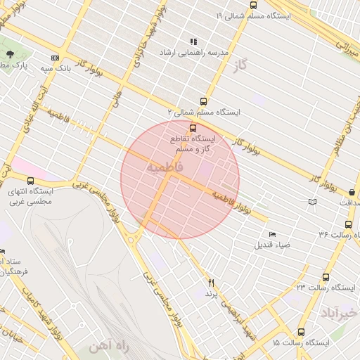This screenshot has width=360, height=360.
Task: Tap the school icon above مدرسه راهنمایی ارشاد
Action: pos(193,41)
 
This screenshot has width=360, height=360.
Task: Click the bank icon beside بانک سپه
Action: pos(55,58)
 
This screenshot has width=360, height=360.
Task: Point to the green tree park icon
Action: pos(10,54)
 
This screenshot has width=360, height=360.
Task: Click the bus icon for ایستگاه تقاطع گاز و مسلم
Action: pos(193,128)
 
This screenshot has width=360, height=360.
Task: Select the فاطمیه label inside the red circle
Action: pos(165,167)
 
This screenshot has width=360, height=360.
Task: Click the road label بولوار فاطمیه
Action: pos(232,202)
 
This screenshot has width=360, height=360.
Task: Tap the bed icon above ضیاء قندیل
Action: pos(273,234)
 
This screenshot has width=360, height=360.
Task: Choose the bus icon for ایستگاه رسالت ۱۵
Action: pos(301,332)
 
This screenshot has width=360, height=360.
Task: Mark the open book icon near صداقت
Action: pos(312,202)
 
